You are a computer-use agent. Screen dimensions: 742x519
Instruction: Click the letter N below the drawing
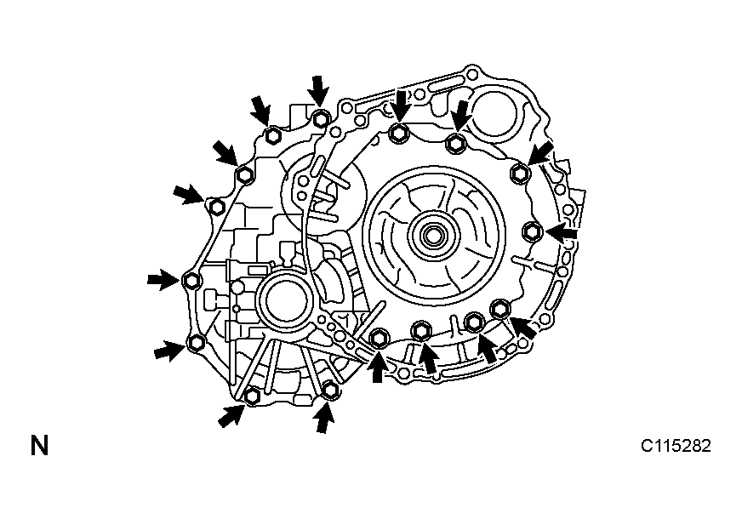[40, 446]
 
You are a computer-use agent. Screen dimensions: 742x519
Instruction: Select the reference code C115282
[676, 446]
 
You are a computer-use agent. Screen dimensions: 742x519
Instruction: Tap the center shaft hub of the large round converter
[432, 235]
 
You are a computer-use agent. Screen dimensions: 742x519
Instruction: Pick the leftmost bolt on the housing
[191, 281]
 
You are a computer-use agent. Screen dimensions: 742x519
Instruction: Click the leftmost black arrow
[162, 280]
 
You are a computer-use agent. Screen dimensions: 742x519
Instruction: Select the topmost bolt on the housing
[321, 118]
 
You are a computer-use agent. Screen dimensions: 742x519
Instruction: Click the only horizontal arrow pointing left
[562, 232]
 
